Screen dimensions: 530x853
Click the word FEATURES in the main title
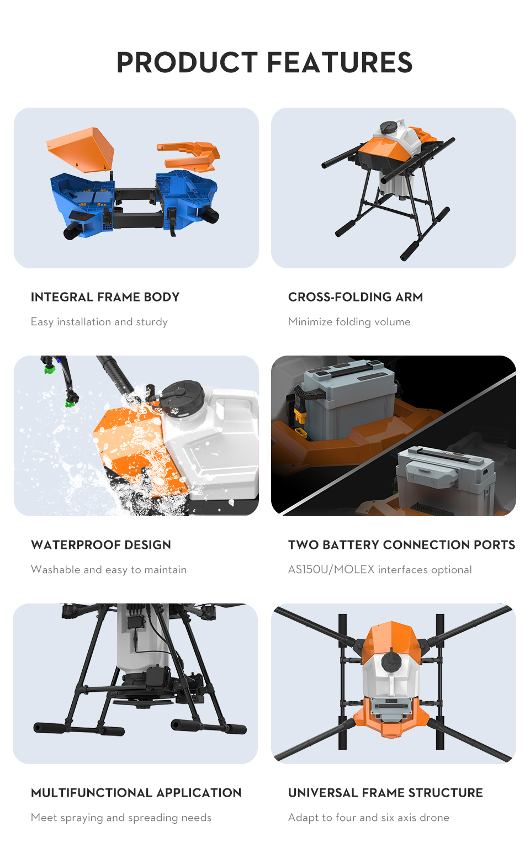(340, 62)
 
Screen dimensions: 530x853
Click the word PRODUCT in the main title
(187, 62)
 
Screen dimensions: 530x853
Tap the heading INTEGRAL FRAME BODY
(105, 297)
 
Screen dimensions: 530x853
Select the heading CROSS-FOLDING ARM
(355, 297)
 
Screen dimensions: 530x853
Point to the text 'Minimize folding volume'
(349, 322)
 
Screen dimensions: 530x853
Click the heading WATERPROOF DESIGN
(101, 545)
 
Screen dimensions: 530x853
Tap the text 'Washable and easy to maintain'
(109, 570)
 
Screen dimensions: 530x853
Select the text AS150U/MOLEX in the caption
(331, 570)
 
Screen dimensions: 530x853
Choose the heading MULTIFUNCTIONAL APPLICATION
(136, 793)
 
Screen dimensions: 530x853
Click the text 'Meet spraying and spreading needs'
(121, 818)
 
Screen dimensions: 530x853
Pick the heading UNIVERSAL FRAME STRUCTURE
(385, 793)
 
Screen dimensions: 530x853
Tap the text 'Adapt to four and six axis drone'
(369, 818)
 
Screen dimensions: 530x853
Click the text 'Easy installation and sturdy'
(99, 322)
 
